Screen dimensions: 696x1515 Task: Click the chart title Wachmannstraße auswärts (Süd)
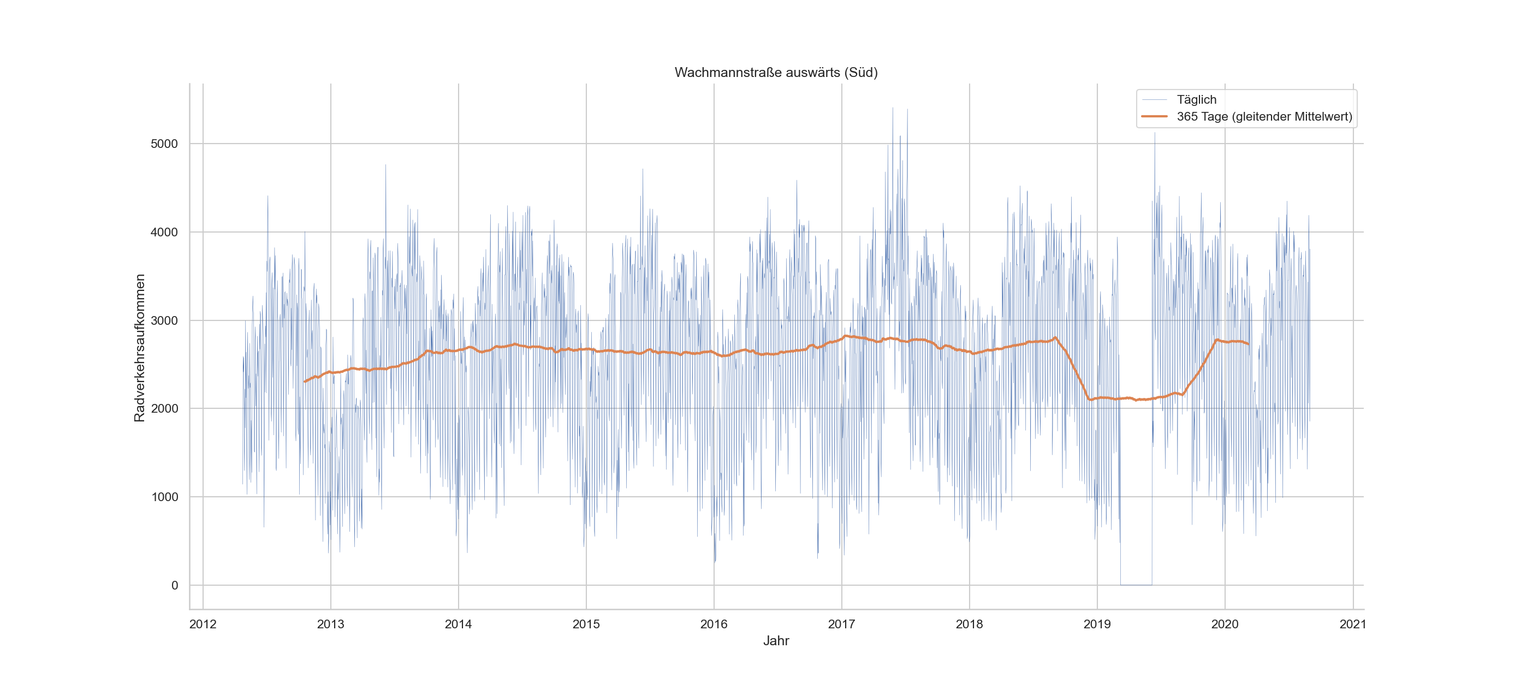pyautogui.click(x=776, y=72)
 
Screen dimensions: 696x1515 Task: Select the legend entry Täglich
pyautogui.click(x=1196, y=99)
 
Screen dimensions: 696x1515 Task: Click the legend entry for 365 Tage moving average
pyautogui.click(x=1264, y=116)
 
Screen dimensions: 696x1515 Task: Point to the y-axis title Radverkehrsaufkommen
pyautogui.click(x=139, y=348)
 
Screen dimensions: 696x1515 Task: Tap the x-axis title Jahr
pyautogui.click(x=776, y=641)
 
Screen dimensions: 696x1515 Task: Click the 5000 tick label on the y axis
pyautogui.click(x=164, y=144)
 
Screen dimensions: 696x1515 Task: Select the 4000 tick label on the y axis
pyautogui.click(x=164, y=232)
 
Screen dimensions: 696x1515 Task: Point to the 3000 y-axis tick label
pyautogui.click(x=164, y=320)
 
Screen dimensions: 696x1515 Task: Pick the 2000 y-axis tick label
pyautogui.click(x=164, y=408)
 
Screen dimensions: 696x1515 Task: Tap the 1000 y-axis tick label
pyautogui.click(x=164, y=497)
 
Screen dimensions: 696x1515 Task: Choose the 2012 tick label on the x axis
pyautogui.click(x=203, y=624)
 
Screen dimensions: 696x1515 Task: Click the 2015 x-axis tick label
pyautogui.click(x=586, y=624)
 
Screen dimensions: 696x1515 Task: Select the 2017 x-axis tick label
pyautogui.click(x=842, y=624)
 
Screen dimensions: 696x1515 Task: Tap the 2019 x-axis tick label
pyautogui.click(x=1097, y=624)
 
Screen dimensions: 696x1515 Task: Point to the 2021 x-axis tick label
pyautogui.click(x=1353, y=624)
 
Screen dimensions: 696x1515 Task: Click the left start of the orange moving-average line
pyautogui.click(x=305, y=382)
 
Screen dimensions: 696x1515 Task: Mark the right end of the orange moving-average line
pyautogui.click(x=1248, y=344)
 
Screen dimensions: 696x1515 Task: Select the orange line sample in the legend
pyautogui.click(x=1154, y=116)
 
